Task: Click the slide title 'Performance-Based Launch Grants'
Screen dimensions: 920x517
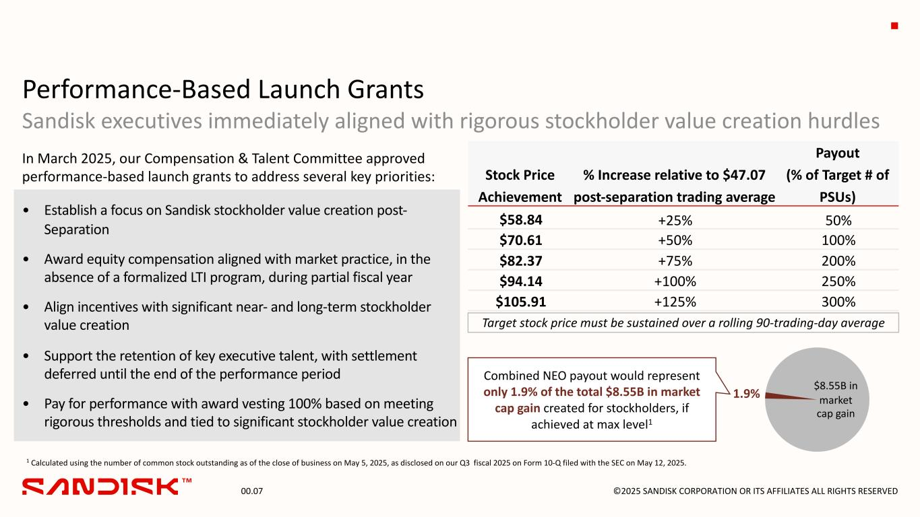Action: pos(223,90)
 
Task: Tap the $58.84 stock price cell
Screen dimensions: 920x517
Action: pos(521,220)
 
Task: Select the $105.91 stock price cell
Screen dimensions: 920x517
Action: pos(521,302)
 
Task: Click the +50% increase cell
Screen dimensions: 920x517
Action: pos(675,240)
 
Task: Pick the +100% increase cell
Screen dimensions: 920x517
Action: pos(675,281)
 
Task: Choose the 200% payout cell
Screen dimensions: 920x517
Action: pos(838,261)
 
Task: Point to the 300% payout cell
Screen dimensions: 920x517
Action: pos(838,302)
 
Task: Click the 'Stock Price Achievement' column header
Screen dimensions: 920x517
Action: pos(520,186)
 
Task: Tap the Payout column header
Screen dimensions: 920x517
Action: pos(838,175)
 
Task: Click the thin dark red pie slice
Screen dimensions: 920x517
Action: pos(788,397)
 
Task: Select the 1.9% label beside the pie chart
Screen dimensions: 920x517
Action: pos(746,394)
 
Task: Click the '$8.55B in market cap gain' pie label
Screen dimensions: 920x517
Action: pos(836,400)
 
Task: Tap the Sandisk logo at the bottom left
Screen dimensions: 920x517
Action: pos(106,487)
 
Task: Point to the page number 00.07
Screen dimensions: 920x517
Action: pos(252,491)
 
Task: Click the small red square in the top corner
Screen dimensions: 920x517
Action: pos(894,26)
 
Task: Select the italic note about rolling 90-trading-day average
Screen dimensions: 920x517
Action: pos(683,323)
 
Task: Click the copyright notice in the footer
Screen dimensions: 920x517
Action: pos(756,491)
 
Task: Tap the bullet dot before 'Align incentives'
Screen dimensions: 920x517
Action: pos(26,307)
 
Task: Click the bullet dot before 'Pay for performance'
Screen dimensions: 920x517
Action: pos(26,404)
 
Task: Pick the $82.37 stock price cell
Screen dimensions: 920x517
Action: pos(521,261)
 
